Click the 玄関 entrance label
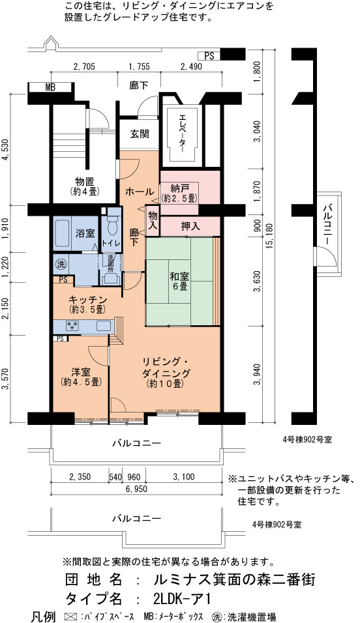140,134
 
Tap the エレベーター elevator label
182,134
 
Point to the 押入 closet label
190,226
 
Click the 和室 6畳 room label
179,280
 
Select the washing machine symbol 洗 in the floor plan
61,264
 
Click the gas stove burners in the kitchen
72,326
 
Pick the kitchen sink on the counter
104,326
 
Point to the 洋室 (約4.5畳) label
81,377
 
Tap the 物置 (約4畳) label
84,186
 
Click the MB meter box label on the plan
50,88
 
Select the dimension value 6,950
136,489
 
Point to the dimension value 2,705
84,66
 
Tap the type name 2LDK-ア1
181,598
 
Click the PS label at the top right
209,56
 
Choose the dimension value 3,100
183,477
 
